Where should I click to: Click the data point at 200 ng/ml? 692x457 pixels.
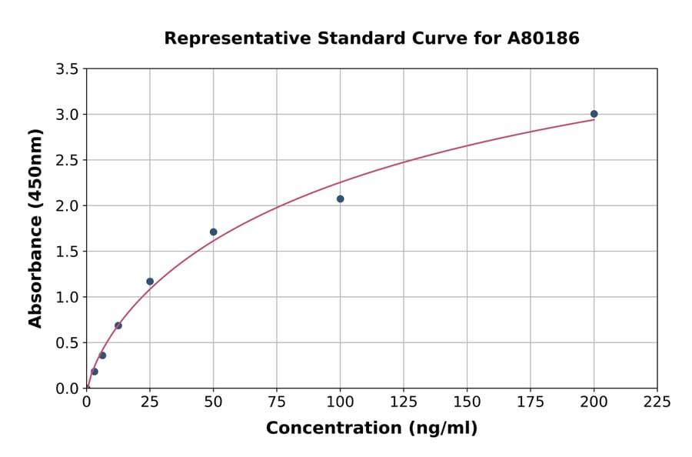pyautogui.click(x=594, y=114)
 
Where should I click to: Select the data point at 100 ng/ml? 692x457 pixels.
pyautogui.click(x=340, y=198)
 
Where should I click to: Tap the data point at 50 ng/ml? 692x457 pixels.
pyautogui.click(x=213, y=232)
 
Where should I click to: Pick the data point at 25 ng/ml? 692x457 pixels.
pyautogui.click(x=150, y=282)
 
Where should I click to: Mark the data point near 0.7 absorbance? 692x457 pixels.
pyautogui.click(x=118, y=325)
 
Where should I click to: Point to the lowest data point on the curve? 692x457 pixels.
pyautogui.click(x=95, y=372)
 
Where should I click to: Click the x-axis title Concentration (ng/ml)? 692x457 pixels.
pyautogui.click(x=371, y=428)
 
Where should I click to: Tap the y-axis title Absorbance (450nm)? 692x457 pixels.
pyautogui.click(x=35, y=228)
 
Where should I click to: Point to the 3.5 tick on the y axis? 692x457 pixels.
pyautogui.click(x=67, y=69)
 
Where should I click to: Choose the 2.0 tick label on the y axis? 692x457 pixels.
pyautogui.click(x=67, y=205)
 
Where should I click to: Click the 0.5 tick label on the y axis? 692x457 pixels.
pyautogui.click(x=67, y=342)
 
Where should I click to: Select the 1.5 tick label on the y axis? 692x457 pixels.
pyautogui.click(x=67, y=252)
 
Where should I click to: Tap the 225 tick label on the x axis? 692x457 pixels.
pyautogui.click(x=657, y=402)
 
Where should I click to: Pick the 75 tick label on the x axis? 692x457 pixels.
pyautogui.click(x=277, y=402)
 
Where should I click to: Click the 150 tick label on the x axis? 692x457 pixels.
pyautogui.click(x=467, y=402)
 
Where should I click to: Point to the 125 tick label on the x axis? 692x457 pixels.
pyautogui.click(x=404, y=402)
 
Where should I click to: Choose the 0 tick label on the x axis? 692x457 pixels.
pyautogui.click(x=86, y=402)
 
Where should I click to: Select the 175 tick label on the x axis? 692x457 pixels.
pyautogui.click(x=530, y=402)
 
